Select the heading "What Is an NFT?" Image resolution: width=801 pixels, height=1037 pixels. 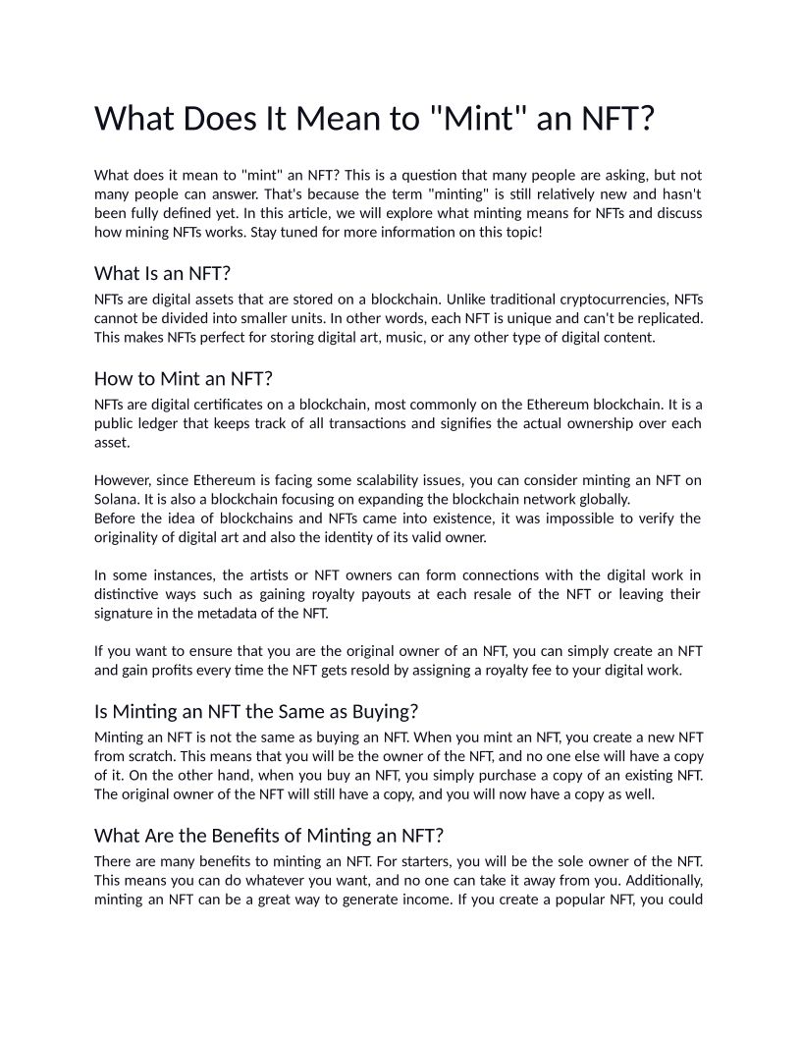tap(162, 272)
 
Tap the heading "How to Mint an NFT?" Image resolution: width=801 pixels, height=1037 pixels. tap(183, 378)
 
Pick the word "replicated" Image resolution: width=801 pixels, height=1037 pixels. tap(667, 318)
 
